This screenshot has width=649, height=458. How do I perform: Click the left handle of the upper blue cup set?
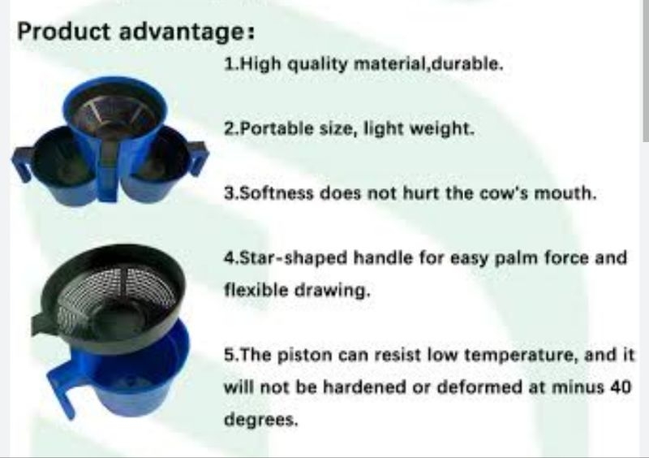click(22, 162)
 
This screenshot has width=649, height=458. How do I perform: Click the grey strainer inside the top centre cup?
click(114, 114)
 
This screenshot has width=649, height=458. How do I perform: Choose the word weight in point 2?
click(443, 128)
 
